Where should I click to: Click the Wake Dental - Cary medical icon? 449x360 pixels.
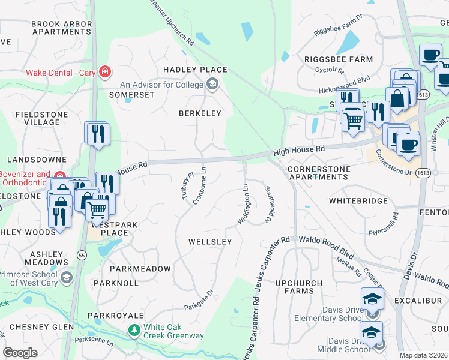coord(106,73)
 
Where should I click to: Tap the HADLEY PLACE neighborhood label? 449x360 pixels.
coord(195,70)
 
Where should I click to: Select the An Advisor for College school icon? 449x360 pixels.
coord(212,85)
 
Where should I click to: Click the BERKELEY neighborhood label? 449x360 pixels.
coord(200,113)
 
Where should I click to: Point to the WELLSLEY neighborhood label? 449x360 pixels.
coord(210,242)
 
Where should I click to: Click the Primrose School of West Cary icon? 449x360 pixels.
coord(65,277)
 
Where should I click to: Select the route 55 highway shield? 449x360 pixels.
coord(81,254)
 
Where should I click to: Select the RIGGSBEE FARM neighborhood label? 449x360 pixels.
coord(339,59)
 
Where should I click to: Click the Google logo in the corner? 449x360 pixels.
coord(20,353)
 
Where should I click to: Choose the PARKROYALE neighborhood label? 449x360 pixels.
coord(116,315)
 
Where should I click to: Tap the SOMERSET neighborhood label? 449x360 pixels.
coord(132,95)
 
